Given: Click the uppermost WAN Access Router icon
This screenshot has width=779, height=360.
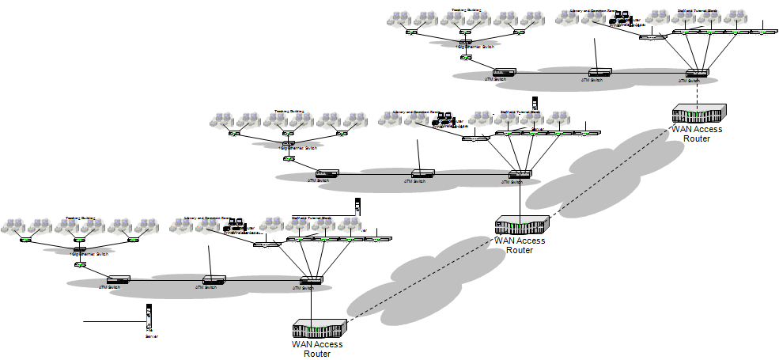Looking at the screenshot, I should [x=698, y=115].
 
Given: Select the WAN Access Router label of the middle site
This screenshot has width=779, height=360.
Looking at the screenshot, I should [x=520, y=245].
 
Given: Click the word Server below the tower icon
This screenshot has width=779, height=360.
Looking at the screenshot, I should [x=152, y=336].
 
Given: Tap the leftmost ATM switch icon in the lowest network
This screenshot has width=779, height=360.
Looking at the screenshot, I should [x=119, y=280].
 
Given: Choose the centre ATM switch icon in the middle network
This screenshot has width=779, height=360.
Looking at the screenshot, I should [x=421, y=173].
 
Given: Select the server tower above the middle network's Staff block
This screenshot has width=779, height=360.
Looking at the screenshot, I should [x=535, y=102].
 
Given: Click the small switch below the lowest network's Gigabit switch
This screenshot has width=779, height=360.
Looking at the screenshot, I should [x=80, y=264].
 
